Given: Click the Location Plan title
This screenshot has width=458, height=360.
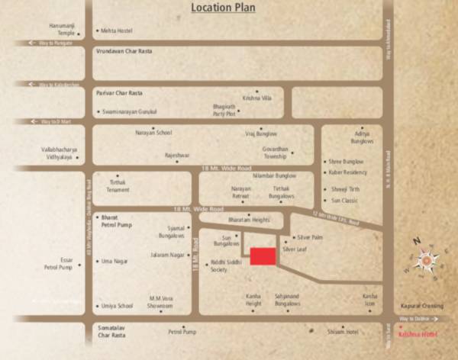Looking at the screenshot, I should click(x=222, y=8).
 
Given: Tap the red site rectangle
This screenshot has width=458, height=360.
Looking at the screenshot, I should click(x=263, y=256).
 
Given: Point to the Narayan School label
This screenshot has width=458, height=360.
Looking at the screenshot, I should click(x=154, y=132).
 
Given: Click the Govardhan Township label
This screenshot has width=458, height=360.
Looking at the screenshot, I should click(x=277, y=153).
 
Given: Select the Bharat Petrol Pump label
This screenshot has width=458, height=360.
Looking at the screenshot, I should click(x=118, y=220).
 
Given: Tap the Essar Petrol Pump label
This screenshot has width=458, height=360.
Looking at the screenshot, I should click(x=59, y=264).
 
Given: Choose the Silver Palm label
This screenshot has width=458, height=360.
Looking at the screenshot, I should click(x=310, y=238).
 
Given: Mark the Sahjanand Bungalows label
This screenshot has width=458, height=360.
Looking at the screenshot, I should click(x=288, y=299).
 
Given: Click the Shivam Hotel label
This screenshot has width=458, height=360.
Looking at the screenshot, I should click(x=342, y=331).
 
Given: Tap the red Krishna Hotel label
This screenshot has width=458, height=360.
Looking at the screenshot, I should click(x=419, y=334).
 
